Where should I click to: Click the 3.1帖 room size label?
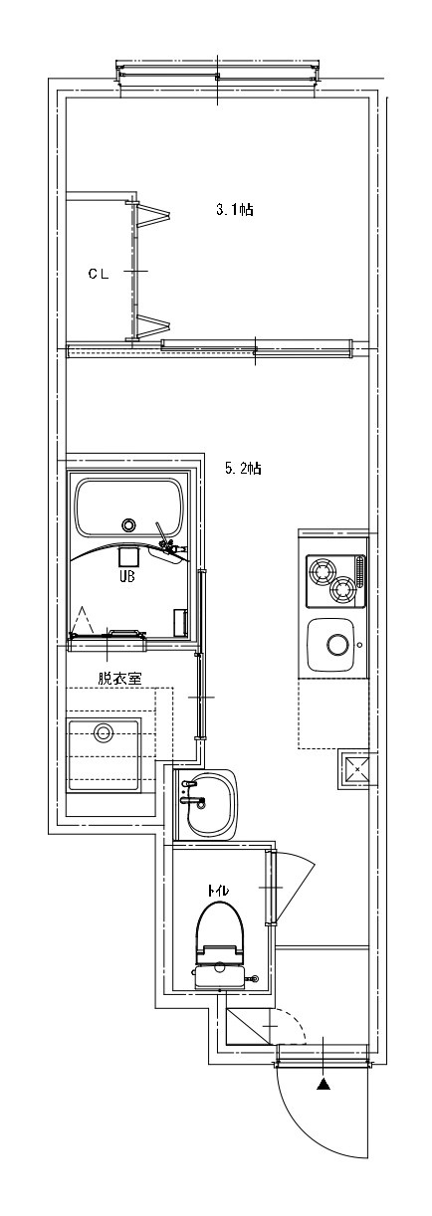(235, 210)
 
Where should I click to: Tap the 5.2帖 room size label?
(243, 468)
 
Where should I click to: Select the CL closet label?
(99, 274)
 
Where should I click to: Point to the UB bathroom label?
(127, 576)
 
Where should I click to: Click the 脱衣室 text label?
(119, 678)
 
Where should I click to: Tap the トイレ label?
(218, 891)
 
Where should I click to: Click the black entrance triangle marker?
(324, 1083)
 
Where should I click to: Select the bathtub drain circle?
(128, 524)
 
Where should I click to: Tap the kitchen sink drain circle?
(337, 645)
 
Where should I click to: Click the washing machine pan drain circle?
(103, 732)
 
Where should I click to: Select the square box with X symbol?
(356, 769)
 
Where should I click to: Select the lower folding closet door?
(152, 326)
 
